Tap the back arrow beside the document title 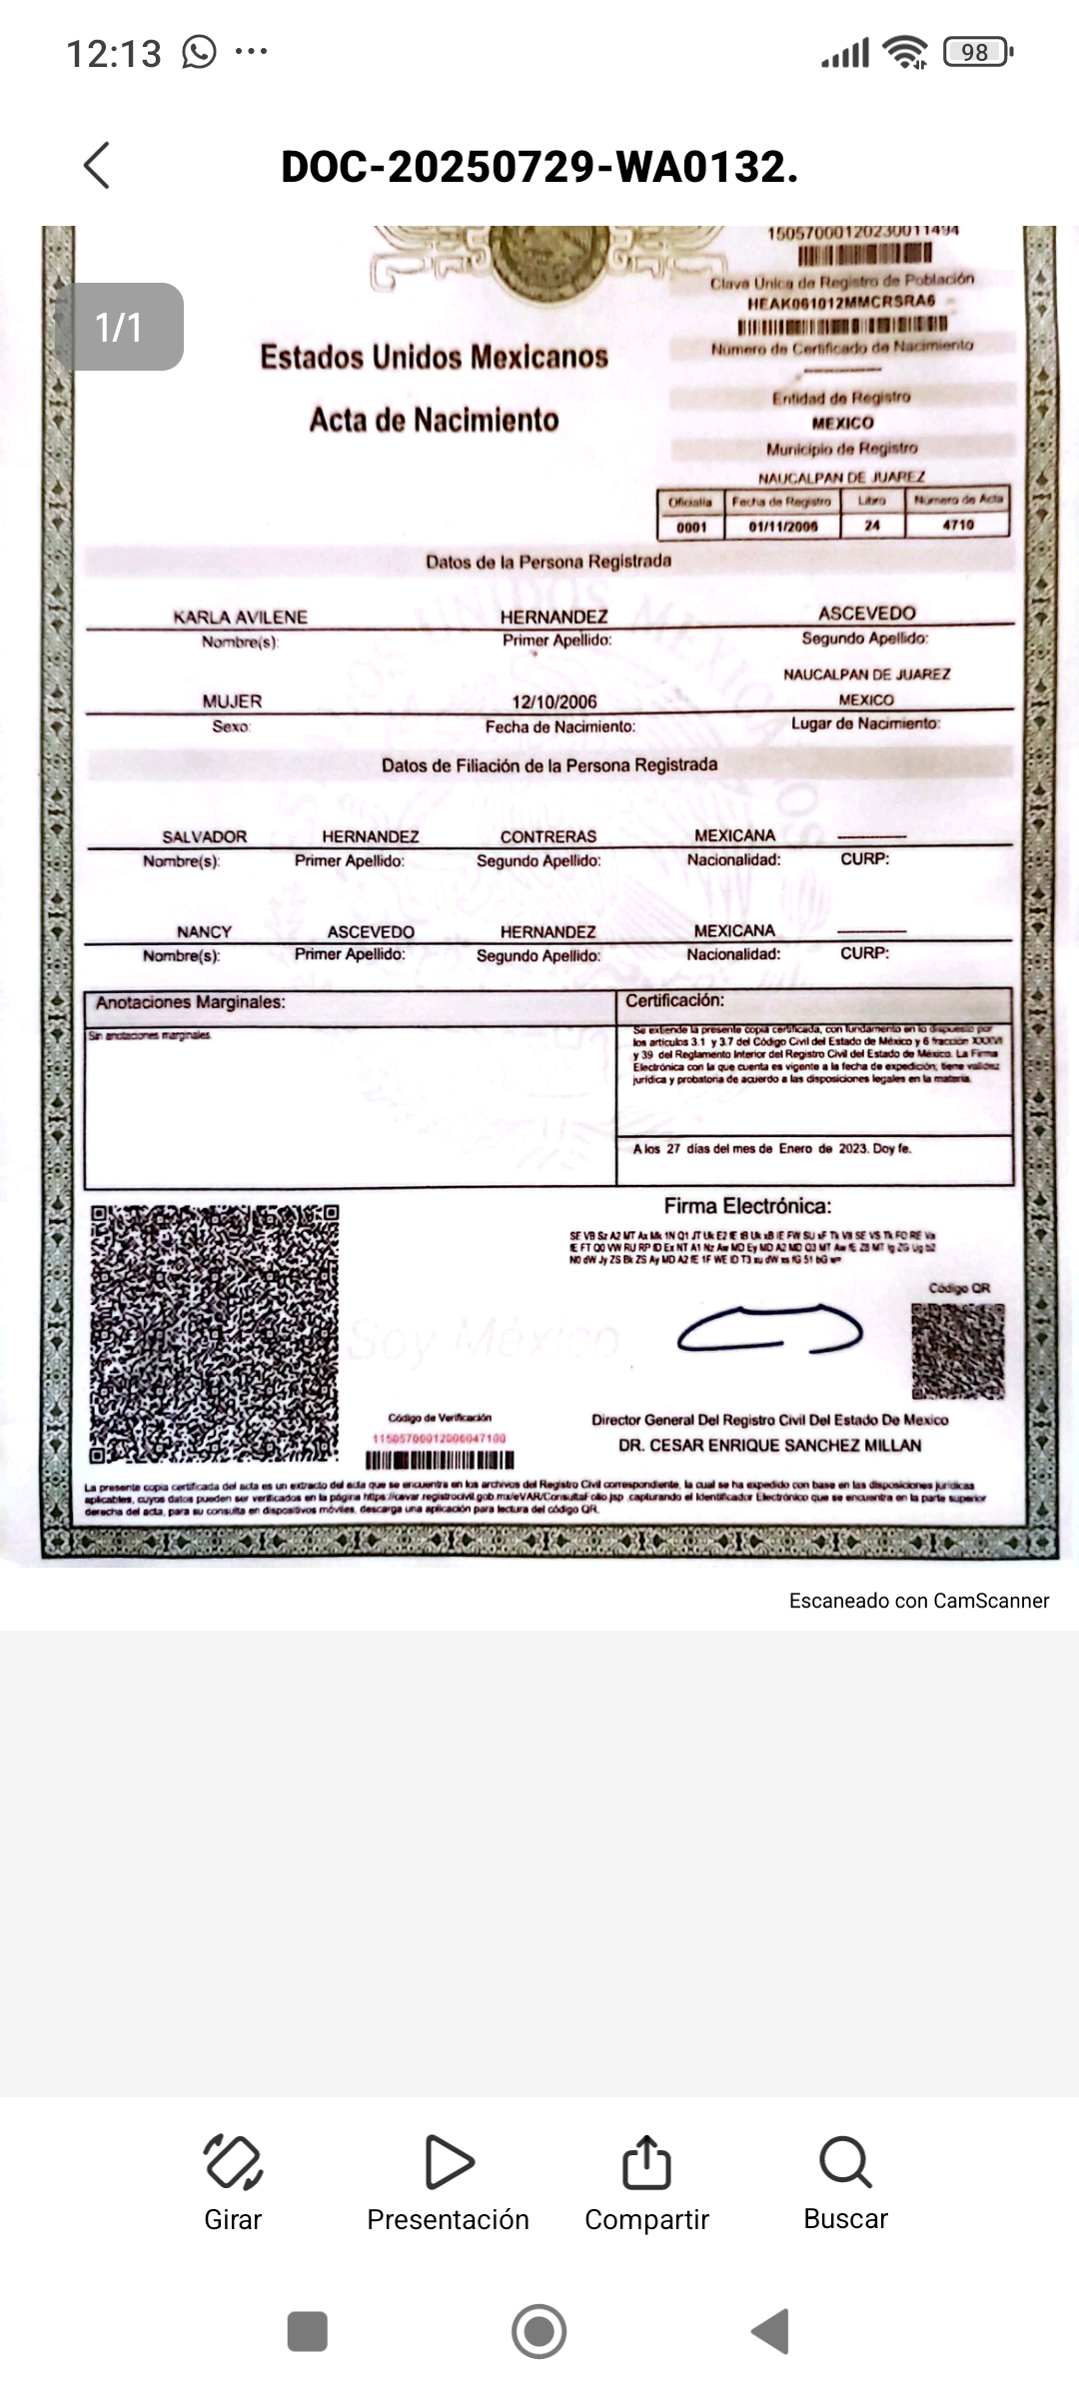click(x=97, y=165)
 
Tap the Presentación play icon click(x=449, y=2162)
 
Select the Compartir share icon click(x=646, y=2162)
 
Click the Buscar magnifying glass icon click(x=845, y=2162)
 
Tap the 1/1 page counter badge click(x=119, y=327)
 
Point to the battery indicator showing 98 click(x=977, y=52)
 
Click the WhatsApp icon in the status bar click(x=199, y=52)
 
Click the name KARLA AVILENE click(x=240, y=616)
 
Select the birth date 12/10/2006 click(x=554, y=701)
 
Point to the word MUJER click(x=232, y=701)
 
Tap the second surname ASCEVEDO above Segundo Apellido click(x=866, y=612)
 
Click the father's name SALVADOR click(x=204, y=836)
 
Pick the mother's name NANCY click(x=204, y=931)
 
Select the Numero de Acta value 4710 click(x=957, y=525)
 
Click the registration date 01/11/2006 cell click(x=782, y=526)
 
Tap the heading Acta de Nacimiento click(x=434, y=420)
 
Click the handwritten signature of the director click(x=769, y=1328)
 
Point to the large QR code click(x=215, y=1334)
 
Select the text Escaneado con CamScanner click(x=918, y=1601)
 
